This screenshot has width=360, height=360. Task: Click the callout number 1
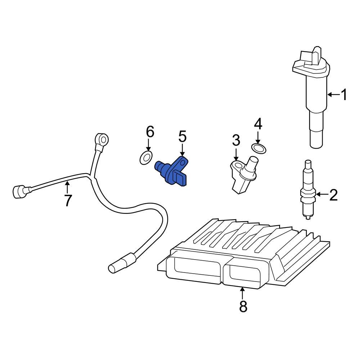(344, 95)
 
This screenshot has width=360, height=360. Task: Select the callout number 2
(333, 195)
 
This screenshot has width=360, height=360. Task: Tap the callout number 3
(236, 141)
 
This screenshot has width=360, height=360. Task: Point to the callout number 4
(258, 124)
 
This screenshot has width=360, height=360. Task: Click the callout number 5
(182, 137)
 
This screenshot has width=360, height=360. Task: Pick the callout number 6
(150, 132)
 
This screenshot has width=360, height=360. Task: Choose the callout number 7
(68, 200)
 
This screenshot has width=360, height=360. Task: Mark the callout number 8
(243, 306)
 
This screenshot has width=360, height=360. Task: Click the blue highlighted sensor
(173, 172)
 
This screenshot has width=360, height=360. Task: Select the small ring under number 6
(145, 157)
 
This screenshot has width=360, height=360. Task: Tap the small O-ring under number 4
(258, 148)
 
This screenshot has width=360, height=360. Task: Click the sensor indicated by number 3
(243, 173)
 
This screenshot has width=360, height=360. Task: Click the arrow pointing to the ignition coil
(334, 95)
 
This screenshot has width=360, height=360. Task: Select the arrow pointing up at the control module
(243, 293)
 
